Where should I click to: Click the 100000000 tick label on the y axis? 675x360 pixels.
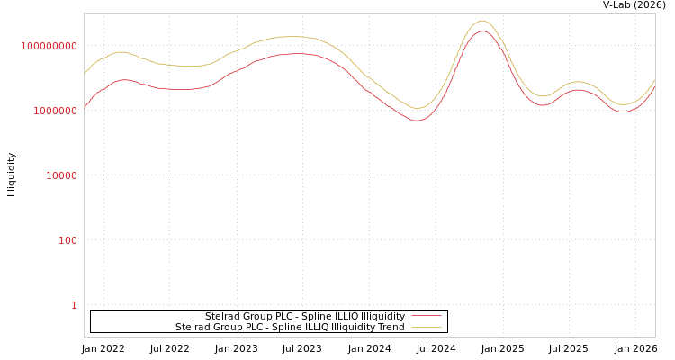[49, 46]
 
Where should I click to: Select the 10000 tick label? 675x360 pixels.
[62, 175]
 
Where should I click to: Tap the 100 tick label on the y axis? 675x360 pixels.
[68, 240]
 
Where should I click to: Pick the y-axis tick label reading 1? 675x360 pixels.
[74, 305]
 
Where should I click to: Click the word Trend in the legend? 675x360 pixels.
[390, 328]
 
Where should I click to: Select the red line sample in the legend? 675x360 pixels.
[427, 317]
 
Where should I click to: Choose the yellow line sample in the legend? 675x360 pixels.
[427, 328]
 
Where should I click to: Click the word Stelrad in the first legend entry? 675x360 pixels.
[221, 317]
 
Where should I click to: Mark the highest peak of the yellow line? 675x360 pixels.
[482, 21]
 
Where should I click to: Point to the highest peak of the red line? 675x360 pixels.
[482, 31]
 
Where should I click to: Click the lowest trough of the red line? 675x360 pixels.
[417, 121]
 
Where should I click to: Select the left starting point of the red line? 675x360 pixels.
[85, 108]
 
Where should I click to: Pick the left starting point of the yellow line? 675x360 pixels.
[85, 74]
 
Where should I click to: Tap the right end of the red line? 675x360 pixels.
[654, 86]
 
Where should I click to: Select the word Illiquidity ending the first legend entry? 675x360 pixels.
[383, 317]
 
